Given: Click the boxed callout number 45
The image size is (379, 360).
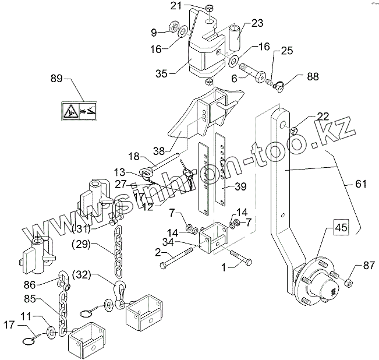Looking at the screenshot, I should tap(341, 229).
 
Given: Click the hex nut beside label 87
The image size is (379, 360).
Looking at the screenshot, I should tap(349, 283).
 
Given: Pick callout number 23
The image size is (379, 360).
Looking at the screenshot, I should tap(257, 24).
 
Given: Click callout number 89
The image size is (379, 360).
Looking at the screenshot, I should tap(56, 78).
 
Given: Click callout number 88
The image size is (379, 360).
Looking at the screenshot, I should tap(313, 76).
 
